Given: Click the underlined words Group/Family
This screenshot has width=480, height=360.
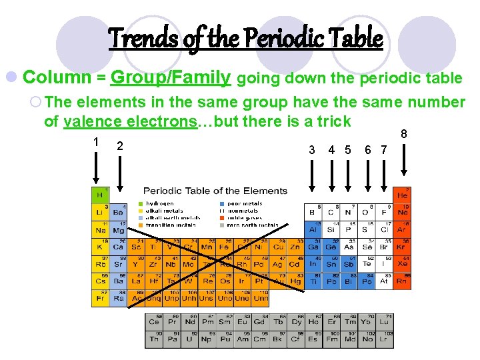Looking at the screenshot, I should pos(171,78).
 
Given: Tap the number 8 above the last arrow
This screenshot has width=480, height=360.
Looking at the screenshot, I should pos(404,135).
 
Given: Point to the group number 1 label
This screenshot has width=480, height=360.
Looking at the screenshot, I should pos(97,142).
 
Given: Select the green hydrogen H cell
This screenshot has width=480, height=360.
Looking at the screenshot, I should pos(100,195).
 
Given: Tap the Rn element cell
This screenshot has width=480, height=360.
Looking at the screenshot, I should pos(402,281).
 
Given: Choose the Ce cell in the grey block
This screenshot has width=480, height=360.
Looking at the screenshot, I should pos(154,321).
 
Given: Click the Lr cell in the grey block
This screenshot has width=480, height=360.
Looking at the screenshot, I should pos(385,339).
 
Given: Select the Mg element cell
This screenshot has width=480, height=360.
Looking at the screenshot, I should pos(117,229).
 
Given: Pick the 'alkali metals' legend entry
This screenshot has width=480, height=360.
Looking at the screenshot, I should pos(159,211).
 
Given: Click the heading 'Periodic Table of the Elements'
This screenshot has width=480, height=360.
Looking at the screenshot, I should pos(215,191).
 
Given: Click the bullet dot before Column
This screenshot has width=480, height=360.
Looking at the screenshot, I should pos(13,78).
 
